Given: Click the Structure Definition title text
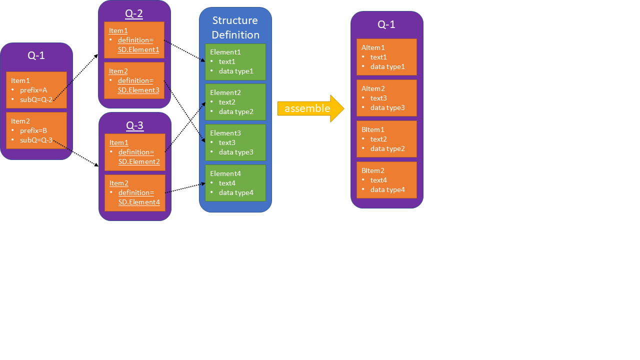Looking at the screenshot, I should pyautogui.click(x=235, y=27).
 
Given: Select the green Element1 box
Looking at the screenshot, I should pyautogui.click(x=235, y=62).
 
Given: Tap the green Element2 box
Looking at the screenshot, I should pyautogui.click(x=235, y=102).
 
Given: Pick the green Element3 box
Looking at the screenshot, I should pyautogui.click(x=235, y=142).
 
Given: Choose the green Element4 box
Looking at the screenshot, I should pyautogui.click(x=235, y=183).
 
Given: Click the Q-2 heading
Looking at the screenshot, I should pyautogui.click(x=134, y=13).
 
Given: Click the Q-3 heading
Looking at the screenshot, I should pyautogui.click(x=134, y=125).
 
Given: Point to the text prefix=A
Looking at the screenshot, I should pyautogui.click(x=33, y=90).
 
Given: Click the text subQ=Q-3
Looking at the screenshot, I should pyautogui.click(x=36, y=140).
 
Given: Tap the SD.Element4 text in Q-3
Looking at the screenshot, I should pyautogui.click(x=139, y=202).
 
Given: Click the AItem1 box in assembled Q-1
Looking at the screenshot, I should pyautogui.click(x=386, y=57).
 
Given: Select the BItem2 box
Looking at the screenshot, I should pyautogui.click(x=386, y=180).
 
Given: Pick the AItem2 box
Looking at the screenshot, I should pyautogui.click(x=386, y=98).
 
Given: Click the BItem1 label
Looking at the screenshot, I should pyautogui.click(x=373, y=129).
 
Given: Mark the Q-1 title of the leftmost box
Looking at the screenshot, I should pyautogui.click(x=36, y=55).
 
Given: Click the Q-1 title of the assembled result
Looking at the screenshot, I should pyautogui.click(x=386, y=24).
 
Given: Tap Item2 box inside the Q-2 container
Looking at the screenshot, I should pyautogui.click(x=134, y=80).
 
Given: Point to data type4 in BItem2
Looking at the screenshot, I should pyautogui.click(x=387, y=189).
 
